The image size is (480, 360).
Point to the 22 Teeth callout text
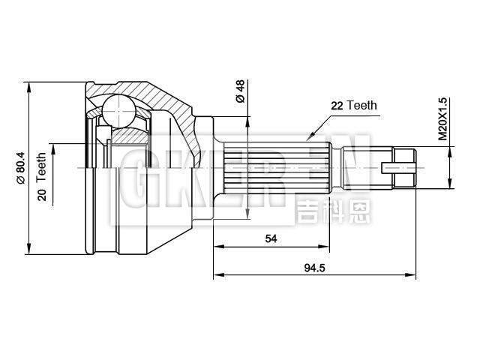click(353, 106)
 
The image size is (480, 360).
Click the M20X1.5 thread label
click(442, 118)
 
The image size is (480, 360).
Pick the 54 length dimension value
click(271, 238)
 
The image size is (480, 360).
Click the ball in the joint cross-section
click(116, 110)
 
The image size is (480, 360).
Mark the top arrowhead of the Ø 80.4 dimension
click(28, 85)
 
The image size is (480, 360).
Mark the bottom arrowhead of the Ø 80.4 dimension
click(28, 250)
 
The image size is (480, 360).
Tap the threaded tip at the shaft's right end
click(403, 166)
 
